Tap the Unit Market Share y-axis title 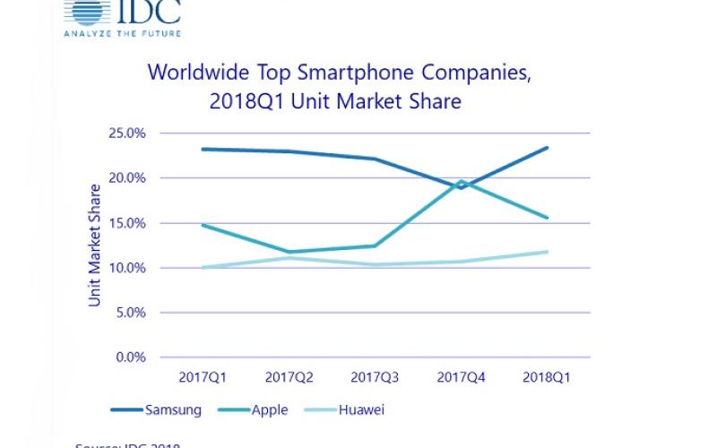[95, 246]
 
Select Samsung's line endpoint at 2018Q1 [547, 148]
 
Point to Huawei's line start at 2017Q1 [202, 267]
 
